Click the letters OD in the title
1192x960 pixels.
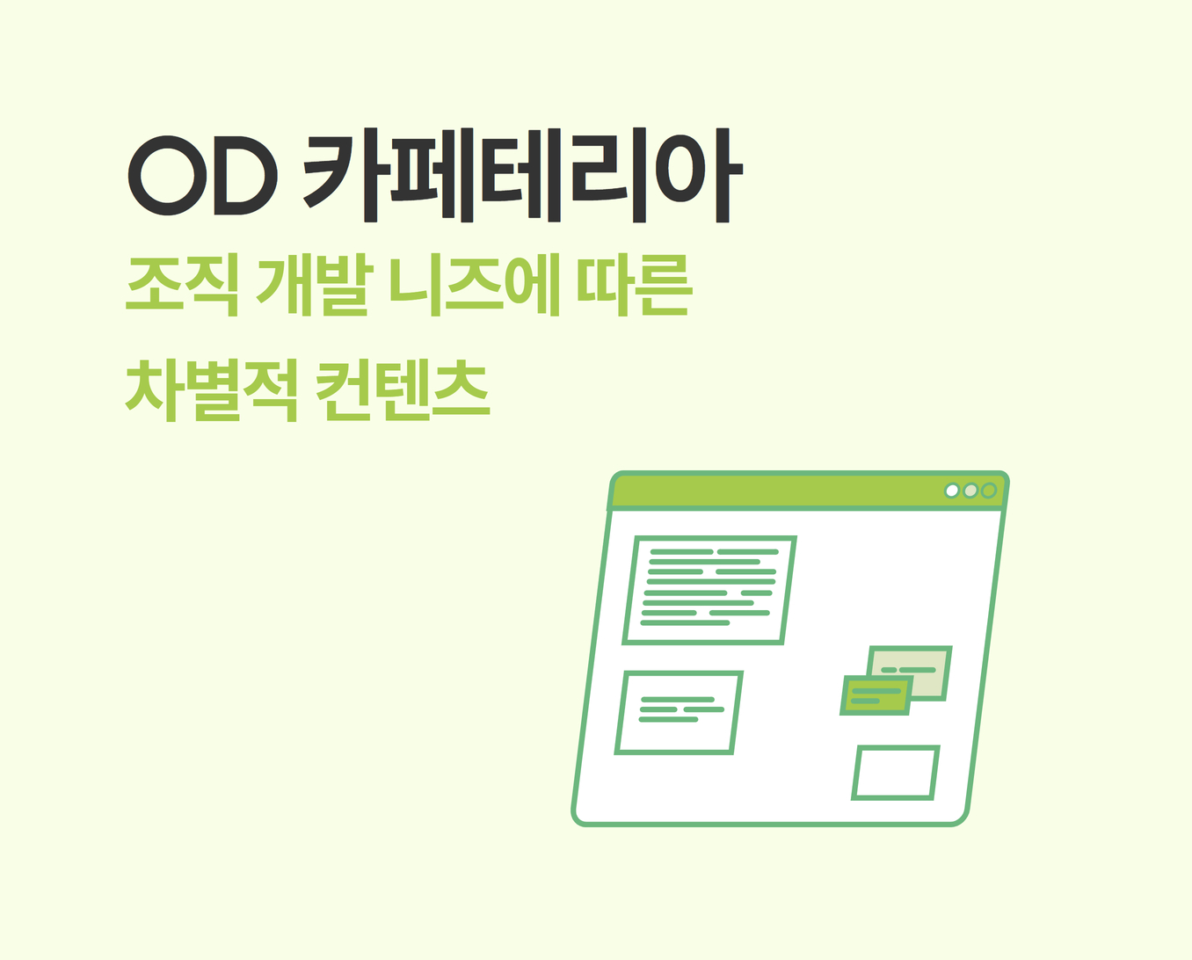(203, 175)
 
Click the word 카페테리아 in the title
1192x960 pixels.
(522, 175)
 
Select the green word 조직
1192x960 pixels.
(182, 285)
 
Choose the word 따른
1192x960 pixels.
(634, 285)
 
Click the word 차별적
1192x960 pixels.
(212, 390)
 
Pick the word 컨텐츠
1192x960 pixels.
(403, 390)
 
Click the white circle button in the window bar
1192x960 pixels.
(952, 491)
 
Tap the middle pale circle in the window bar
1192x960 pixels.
(970, 491)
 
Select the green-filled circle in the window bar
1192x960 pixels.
(989, 491)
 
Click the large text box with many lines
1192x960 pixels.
(709, 591)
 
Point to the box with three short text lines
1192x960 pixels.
(679, 713)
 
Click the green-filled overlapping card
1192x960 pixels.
(876, 695)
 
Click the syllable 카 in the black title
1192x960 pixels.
(342, 175)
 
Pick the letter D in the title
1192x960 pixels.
(245, 175)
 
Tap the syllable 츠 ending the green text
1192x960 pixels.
(462, 390)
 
